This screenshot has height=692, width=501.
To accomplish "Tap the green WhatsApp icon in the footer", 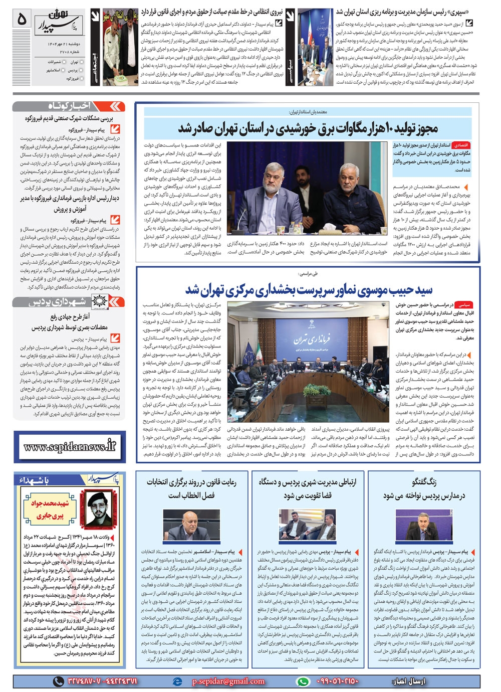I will click(303, 681).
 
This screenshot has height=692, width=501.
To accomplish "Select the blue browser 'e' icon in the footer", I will click(176, 681).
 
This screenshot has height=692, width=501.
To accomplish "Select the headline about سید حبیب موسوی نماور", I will click(309, 289).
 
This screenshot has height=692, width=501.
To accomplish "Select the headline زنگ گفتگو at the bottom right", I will click(424, 482).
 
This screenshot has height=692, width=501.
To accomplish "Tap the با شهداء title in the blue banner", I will click(35, 480).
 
